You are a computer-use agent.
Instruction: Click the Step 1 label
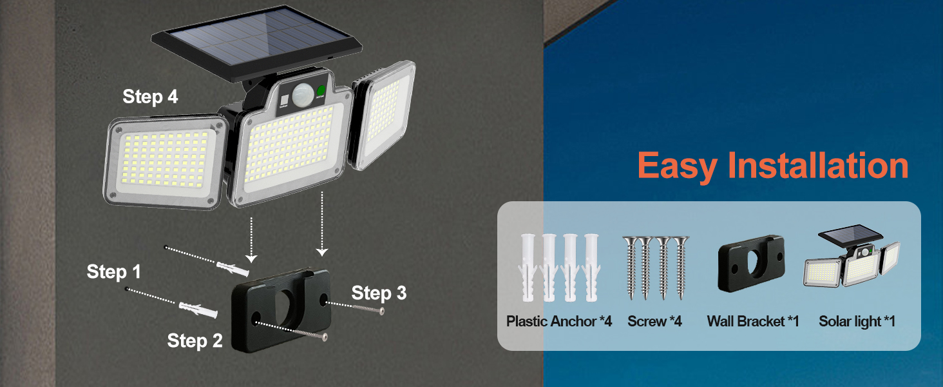click(x=113, y=272)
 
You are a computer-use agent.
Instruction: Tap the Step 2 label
click(x=195, y=341)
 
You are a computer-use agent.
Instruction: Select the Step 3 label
click(x=379, y=293)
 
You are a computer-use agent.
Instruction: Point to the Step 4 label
click(x=150, y=97)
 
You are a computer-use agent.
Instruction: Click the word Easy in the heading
click(x=676, y=166)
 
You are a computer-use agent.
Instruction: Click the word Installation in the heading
click(x=818, y=166)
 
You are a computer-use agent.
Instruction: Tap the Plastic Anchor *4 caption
click(x=558, y=321)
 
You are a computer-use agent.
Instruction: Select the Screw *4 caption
click(x=654, y=321)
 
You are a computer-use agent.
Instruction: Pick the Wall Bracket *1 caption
click(x=752, y=321)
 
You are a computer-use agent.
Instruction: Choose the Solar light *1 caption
click(x=857, y=321)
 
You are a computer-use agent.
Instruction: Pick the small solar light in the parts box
click(x=852, y=258)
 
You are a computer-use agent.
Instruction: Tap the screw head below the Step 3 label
click(x=382, y=312)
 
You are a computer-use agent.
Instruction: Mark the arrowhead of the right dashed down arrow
click(x=322, y=252)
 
